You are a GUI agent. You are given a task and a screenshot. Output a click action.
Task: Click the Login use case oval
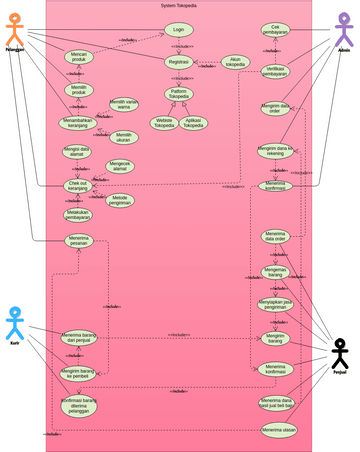click(178, 31)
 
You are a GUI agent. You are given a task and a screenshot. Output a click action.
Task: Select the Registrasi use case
click(178, 61)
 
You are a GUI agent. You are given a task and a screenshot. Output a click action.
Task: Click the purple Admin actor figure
click(344, 29)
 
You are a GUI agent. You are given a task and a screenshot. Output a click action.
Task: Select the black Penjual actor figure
click(341, 355)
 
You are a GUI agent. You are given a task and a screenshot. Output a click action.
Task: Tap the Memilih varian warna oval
click(124, 104)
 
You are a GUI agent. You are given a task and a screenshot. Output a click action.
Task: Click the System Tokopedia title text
click(180, 6)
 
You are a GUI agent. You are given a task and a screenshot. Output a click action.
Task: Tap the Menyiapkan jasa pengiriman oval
click(275, 305)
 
